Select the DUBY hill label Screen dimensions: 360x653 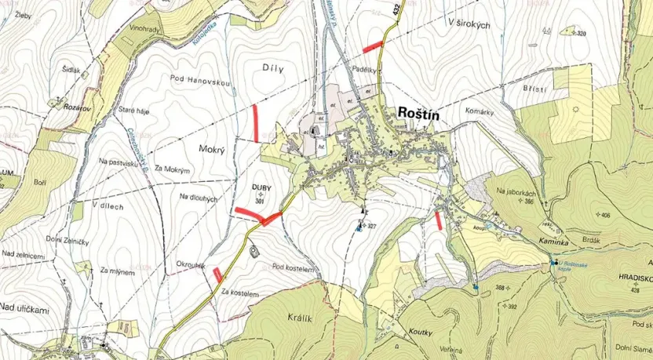pyautogui.click(x=261, y=188)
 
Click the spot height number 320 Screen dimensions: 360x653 pyautogui.click(x=581, y=33)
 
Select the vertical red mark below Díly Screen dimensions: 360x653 pyautogui.click(x=256, y=122)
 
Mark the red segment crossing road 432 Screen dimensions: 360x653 pyautogui.click(x=373, y=47)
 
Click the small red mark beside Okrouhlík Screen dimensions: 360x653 pyautogui.click(x=217, y=274)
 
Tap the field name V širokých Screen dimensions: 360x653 pyautogui.click(x=469, y=25)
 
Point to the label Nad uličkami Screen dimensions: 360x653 pyautogui.click(x=24, y=309)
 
